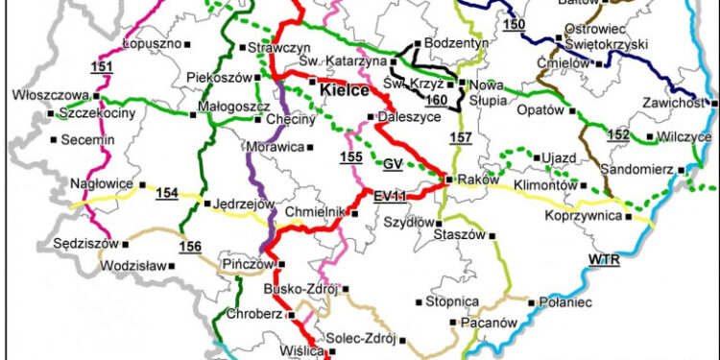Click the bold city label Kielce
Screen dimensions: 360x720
click(345, 93)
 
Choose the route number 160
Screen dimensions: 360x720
click(438, 99)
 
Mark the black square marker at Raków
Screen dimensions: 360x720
click(448, 180)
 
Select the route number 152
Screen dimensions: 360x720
click(618, 135)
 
